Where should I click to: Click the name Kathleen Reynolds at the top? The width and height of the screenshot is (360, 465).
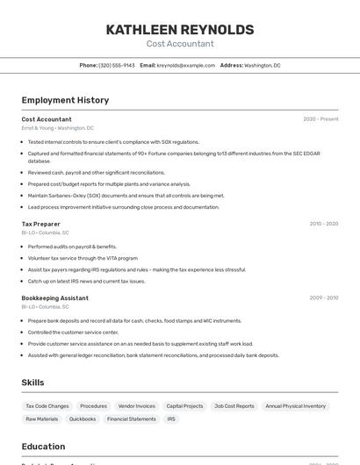coord(180,30)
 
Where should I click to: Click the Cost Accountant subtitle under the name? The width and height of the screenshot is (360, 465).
coord(180,44)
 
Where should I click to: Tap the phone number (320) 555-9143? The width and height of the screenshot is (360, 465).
coord(117,66)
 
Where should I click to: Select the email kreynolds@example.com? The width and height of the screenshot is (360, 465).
coord(186,66)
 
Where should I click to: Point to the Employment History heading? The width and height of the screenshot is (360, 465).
coord(65,100)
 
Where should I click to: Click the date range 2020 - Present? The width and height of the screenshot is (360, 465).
coord(320,119)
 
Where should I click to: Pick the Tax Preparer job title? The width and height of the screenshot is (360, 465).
coord(41,224)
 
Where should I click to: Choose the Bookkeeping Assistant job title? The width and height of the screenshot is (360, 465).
coord(55,298)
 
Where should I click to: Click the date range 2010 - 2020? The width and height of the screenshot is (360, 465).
coord(324,224)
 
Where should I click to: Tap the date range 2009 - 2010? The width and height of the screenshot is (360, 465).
coord(324,298)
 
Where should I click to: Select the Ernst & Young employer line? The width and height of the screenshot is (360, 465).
coord(58,128)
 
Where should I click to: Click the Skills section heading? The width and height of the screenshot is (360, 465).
coord(33,383)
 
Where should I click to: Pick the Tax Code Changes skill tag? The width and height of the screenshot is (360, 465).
coord(47,406)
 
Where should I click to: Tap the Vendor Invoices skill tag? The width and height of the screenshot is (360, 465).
coord(137,406)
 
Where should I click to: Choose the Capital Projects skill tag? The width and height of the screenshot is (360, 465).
coord(185,406)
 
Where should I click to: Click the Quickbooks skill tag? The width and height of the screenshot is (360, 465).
coord(83,419)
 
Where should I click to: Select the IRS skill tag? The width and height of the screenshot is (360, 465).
coord(171,419)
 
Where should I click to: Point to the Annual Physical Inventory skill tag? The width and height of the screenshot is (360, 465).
coord(295,406)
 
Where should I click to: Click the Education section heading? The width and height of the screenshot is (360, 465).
coord(44,446)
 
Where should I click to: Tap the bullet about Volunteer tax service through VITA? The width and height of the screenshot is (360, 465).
coord(83,258)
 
